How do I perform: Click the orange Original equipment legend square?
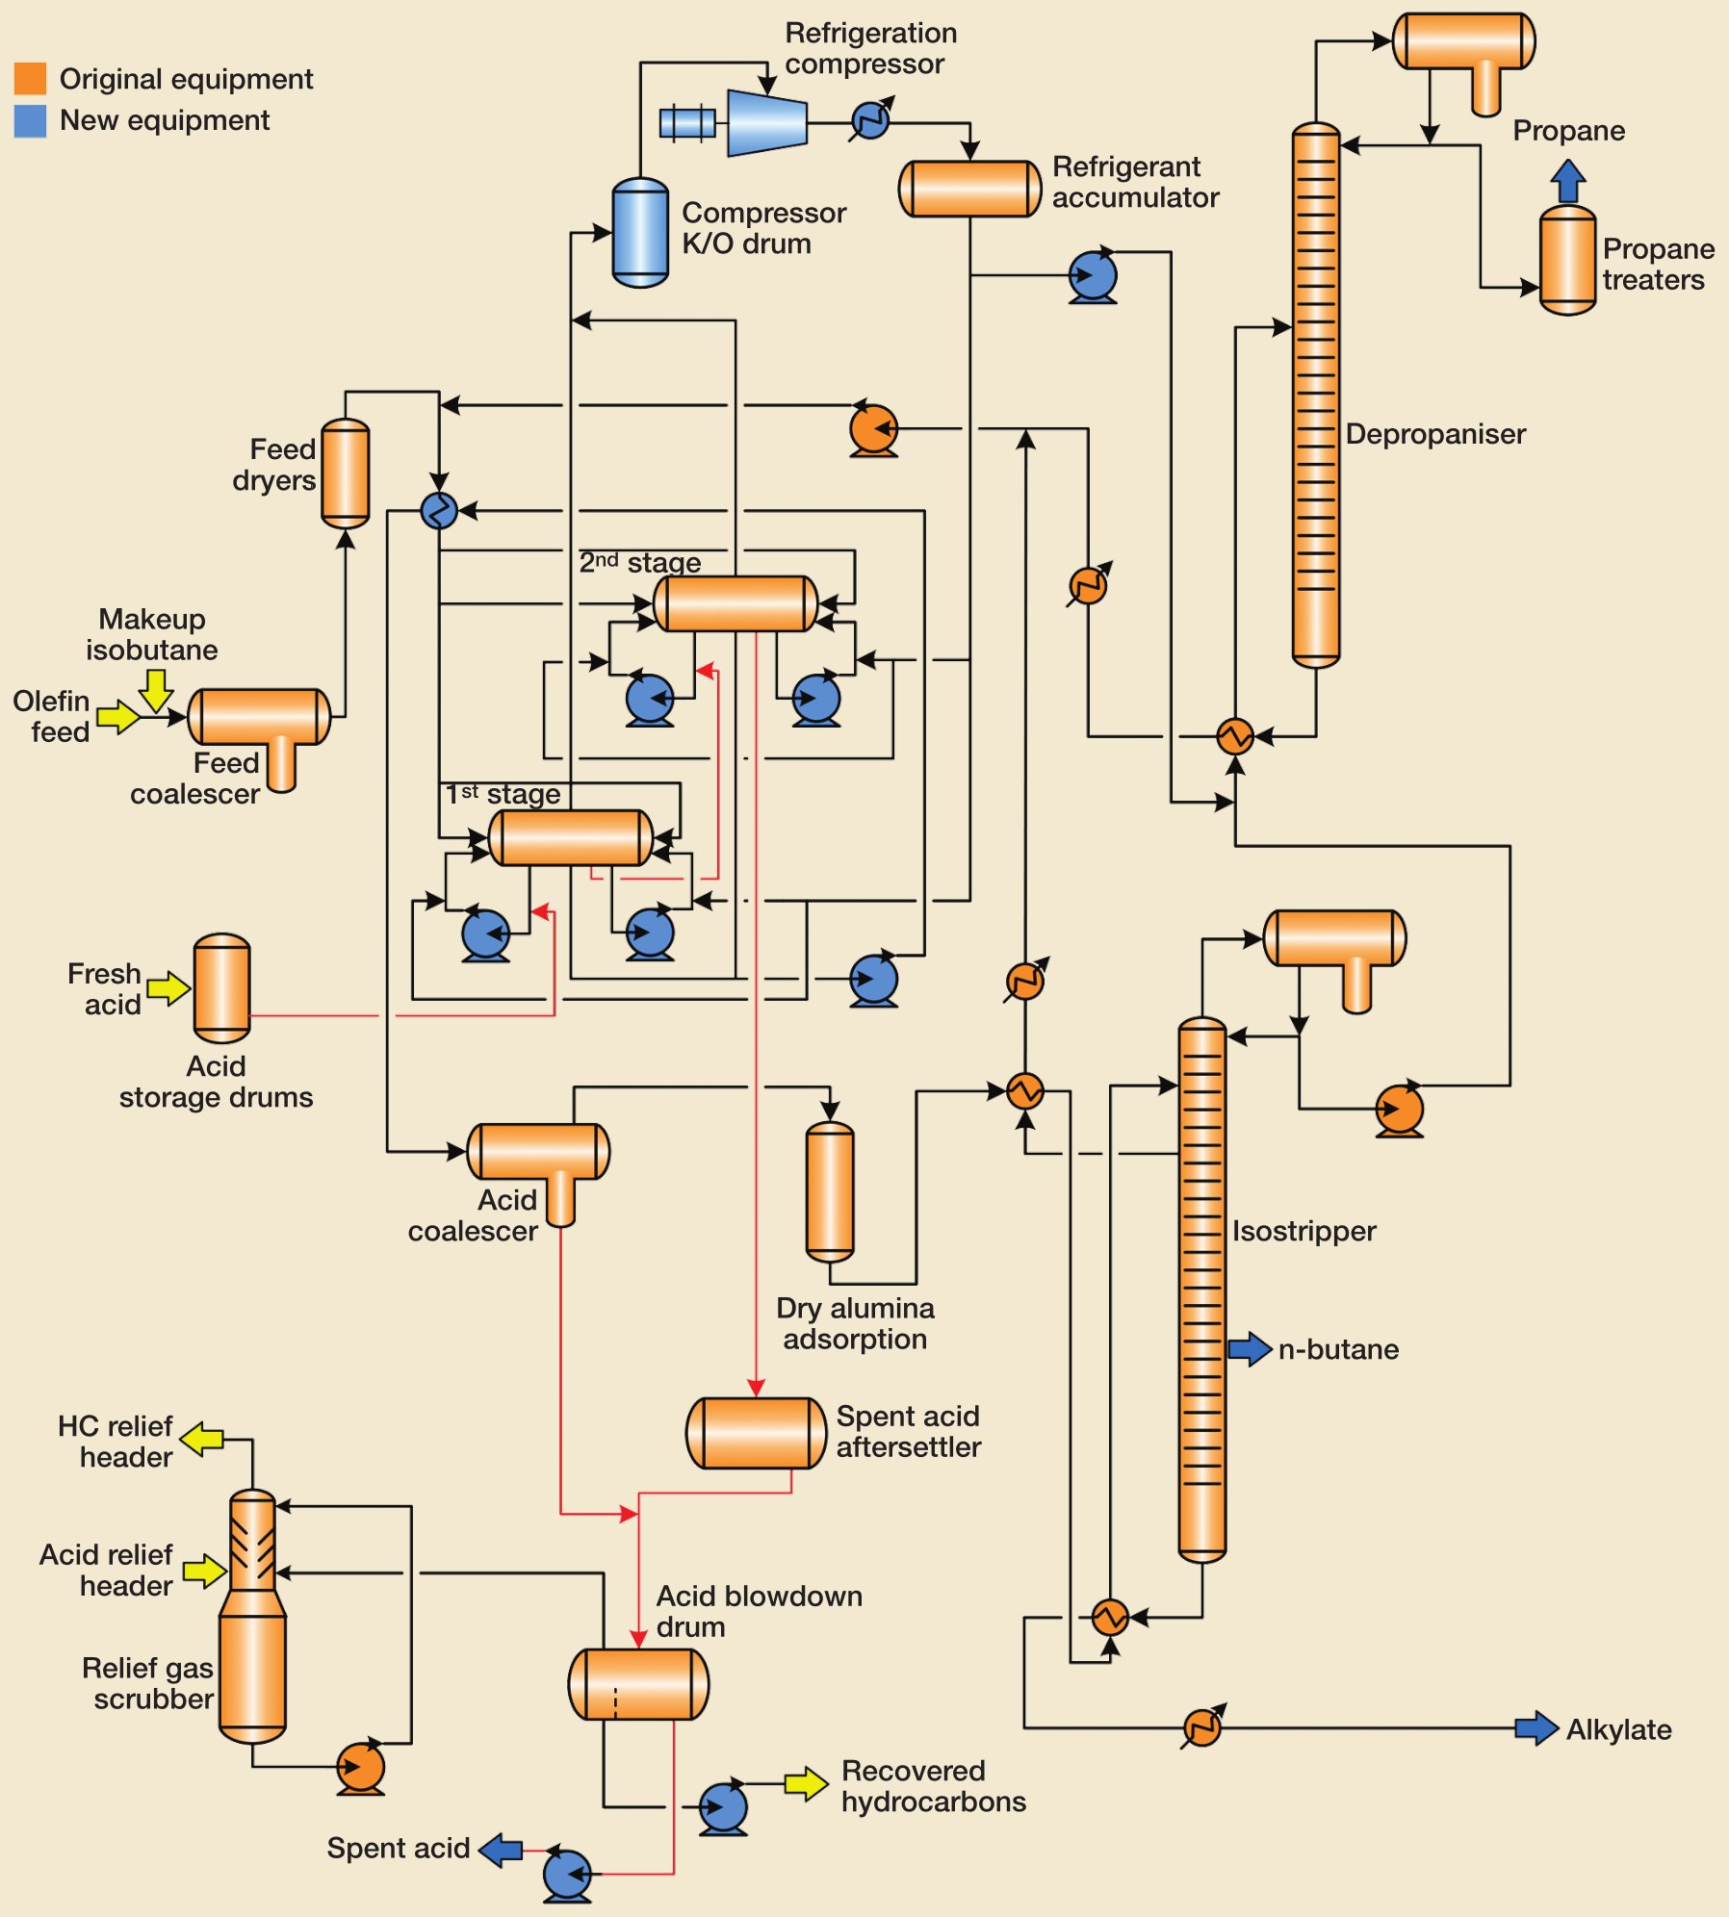pyautogui.click(x=30, y=78)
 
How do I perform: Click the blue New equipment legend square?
pyautogui.click(x=30, y=120)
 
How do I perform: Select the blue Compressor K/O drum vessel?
pyautogui.click(x=640, y=233)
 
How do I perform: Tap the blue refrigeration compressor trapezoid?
pyautogui.click(x=766, y=123)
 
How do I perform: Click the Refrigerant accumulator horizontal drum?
pyautogui.click(x=969, y=189)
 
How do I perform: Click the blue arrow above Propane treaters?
pyautogui.click(x=1568, y=180)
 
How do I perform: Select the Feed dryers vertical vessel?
pyautogui.click(x=345, y=473)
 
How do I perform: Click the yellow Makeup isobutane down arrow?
pyautogui.click(x=155, y=690)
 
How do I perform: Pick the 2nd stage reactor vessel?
pyautogui.click(x=735, y=603)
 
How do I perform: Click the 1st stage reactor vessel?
pyautogui.click(x=571, y=837)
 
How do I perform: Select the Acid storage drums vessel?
pyautogui.click(x=221, y=988)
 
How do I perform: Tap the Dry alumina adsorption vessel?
pyautogui.click(x=829, y=1191)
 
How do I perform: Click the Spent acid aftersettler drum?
pyautogui.click(x=756, y=1433)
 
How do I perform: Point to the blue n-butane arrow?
pyautogui.click(x=1250, y=1348)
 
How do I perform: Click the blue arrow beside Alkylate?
pyautogui.click(x=1535, y=1728)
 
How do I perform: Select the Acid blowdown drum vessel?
pyautogui.click(x=638, y=1684)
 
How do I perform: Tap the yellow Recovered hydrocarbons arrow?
pyautogui.click(x=805, y=1783)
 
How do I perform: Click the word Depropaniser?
pyautogui.click(x=1434, y=434)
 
